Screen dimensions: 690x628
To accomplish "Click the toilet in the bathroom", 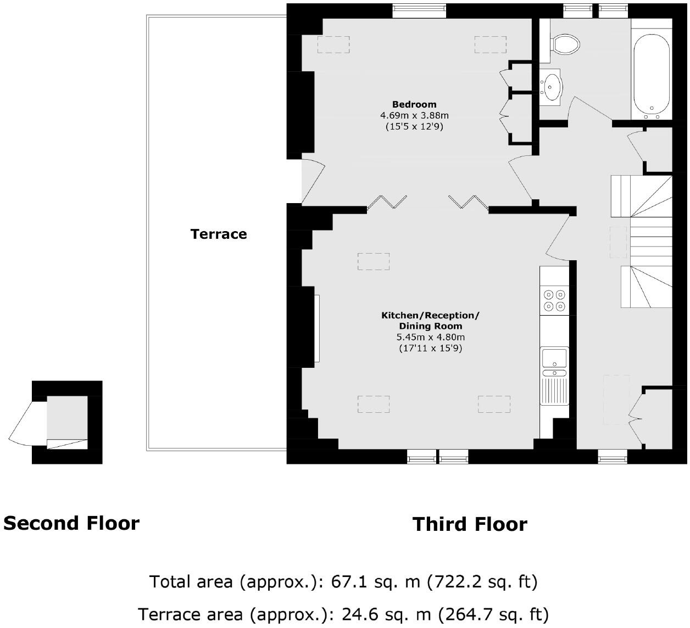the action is point(564,44).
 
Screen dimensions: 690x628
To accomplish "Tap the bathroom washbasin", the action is point(550,87).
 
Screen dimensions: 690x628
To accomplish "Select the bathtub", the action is point(652,76).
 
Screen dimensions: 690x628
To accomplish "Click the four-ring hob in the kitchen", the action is point(554,300).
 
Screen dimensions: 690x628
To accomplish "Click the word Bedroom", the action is point(414,104).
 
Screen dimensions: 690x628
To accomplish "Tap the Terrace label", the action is point(219,234).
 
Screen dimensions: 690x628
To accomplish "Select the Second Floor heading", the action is point(71,523).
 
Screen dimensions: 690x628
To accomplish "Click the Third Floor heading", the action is point(470,524).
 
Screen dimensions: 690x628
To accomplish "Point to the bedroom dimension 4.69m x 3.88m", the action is point(414,115).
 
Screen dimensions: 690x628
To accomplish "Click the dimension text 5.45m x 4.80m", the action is point(431,337).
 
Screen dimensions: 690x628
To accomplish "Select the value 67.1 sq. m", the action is point(376,581).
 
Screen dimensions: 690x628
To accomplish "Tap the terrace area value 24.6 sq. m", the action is point(386,614).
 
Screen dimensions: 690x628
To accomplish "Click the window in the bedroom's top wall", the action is point(419,10).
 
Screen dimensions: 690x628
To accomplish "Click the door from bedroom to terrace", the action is point(313,182).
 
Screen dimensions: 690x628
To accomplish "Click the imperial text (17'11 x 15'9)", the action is point(431,348).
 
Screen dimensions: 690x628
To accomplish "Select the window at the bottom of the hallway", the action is point(613,457).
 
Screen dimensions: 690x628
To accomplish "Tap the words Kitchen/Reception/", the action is point(430,315).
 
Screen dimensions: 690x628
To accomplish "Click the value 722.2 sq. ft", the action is point(482,581).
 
